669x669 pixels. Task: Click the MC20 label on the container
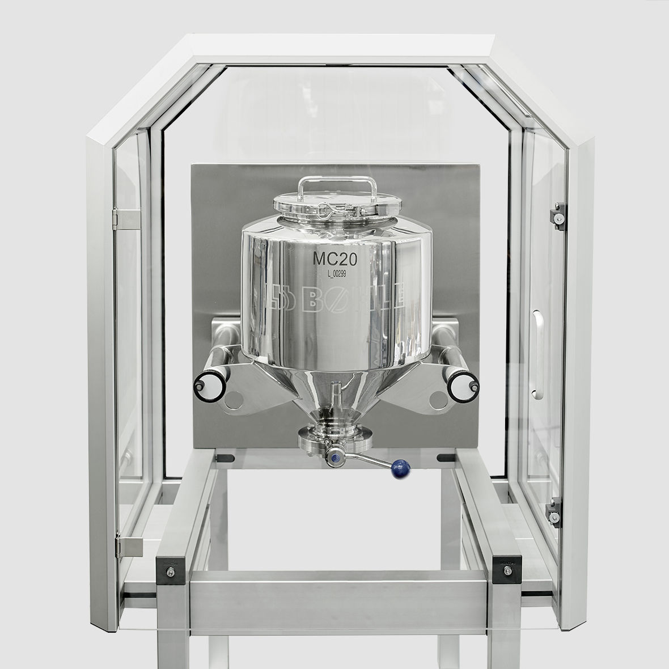[x=334, y=259]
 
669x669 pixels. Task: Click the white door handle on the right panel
[x=537, y=352]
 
